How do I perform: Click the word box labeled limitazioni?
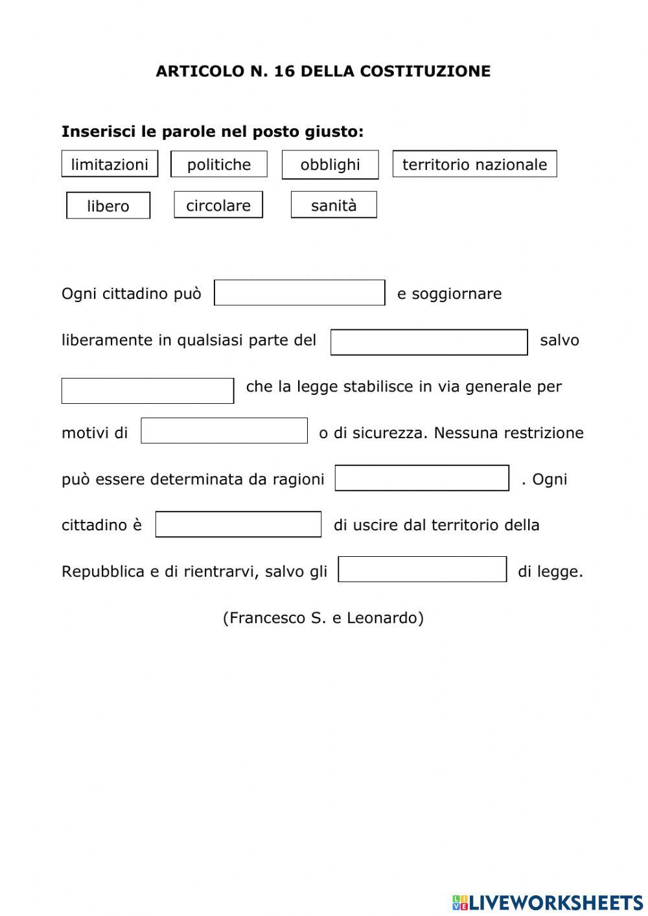tap(110, 164)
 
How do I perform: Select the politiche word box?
tap(219, 164)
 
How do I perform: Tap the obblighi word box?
tap(330, 165)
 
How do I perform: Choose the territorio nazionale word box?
tap(474, 164)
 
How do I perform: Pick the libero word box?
tap(108, 206)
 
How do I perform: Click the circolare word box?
tap(218, 205)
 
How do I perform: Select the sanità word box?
tap(334, 205)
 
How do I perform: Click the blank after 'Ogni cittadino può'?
tap(299, 293)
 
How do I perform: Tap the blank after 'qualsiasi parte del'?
tap(429, 342)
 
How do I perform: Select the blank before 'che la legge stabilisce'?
tap(148, 391)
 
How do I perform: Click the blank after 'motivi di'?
tap(224, 431)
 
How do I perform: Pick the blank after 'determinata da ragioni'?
tap(422, 478)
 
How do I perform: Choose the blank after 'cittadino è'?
tap(238, 524)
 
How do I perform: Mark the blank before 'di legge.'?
tap(422, 570)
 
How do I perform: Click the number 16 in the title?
tap(284, 71)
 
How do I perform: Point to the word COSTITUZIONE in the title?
tap(424, 71)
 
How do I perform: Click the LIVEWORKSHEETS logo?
tap(548, 902)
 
